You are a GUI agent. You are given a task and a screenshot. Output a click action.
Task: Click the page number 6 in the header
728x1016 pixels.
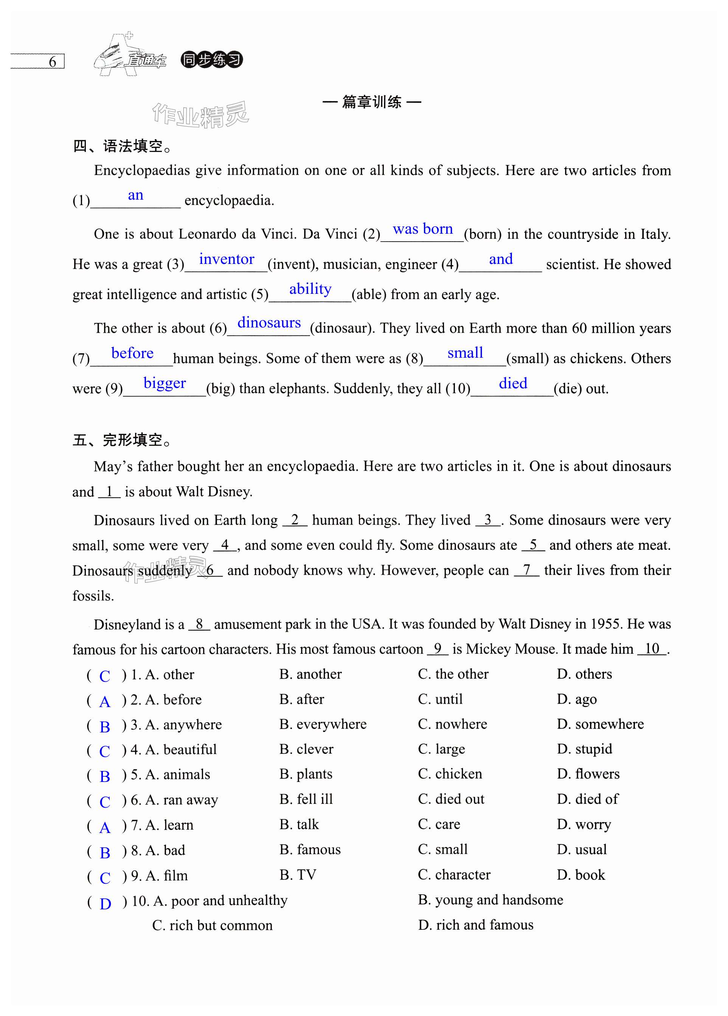53,62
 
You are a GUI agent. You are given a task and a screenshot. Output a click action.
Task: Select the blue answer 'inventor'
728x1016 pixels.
226,259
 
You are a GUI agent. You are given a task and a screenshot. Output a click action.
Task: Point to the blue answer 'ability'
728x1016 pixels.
310,289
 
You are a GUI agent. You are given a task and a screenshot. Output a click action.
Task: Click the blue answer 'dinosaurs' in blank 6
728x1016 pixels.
269,323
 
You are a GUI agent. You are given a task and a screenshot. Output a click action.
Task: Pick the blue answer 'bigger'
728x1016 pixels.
165,383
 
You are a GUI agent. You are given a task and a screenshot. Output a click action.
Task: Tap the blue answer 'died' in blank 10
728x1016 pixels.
512,383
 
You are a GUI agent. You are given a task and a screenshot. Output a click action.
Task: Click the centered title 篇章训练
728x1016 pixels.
371,102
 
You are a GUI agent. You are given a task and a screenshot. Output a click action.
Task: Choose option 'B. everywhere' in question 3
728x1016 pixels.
323,724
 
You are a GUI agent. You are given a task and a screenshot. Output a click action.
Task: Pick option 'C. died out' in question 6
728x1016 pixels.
451,799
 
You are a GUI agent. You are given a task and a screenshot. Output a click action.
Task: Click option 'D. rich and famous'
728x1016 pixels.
475,924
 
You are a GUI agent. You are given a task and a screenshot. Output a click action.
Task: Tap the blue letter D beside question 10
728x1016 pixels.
105,904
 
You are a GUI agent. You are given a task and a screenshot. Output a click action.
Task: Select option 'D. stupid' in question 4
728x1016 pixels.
584,749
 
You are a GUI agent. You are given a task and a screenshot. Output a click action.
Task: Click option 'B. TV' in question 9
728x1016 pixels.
298,875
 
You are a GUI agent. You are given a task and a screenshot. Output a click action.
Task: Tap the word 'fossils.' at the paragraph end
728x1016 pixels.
93,596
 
